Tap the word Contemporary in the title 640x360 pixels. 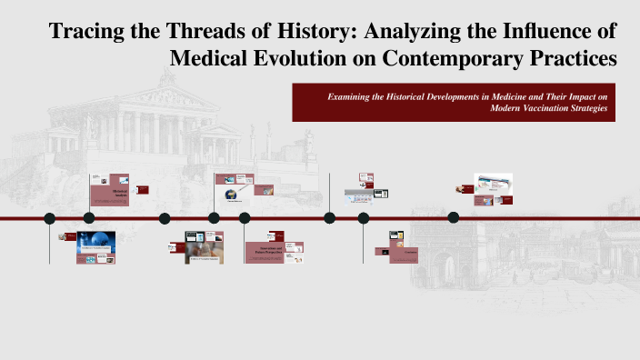pos(466,58)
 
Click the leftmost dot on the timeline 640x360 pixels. pos(50,218)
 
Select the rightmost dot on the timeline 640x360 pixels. pos(454,218)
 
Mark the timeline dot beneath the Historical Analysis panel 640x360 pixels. pos(89,218)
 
